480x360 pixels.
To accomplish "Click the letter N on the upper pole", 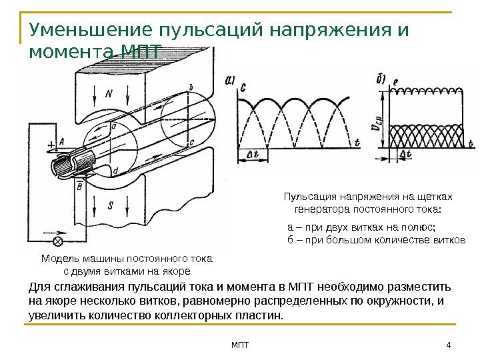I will (x=109, y=94).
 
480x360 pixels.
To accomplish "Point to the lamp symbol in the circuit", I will (x=57, y=241).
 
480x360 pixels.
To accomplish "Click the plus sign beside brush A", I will (x=50, y=143).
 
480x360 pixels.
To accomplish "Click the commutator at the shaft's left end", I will (x=69, y=163).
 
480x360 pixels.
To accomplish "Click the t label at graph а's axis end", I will (x=356, y=142).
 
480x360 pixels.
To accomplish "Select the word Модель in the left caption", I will (x=61, y=259).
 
